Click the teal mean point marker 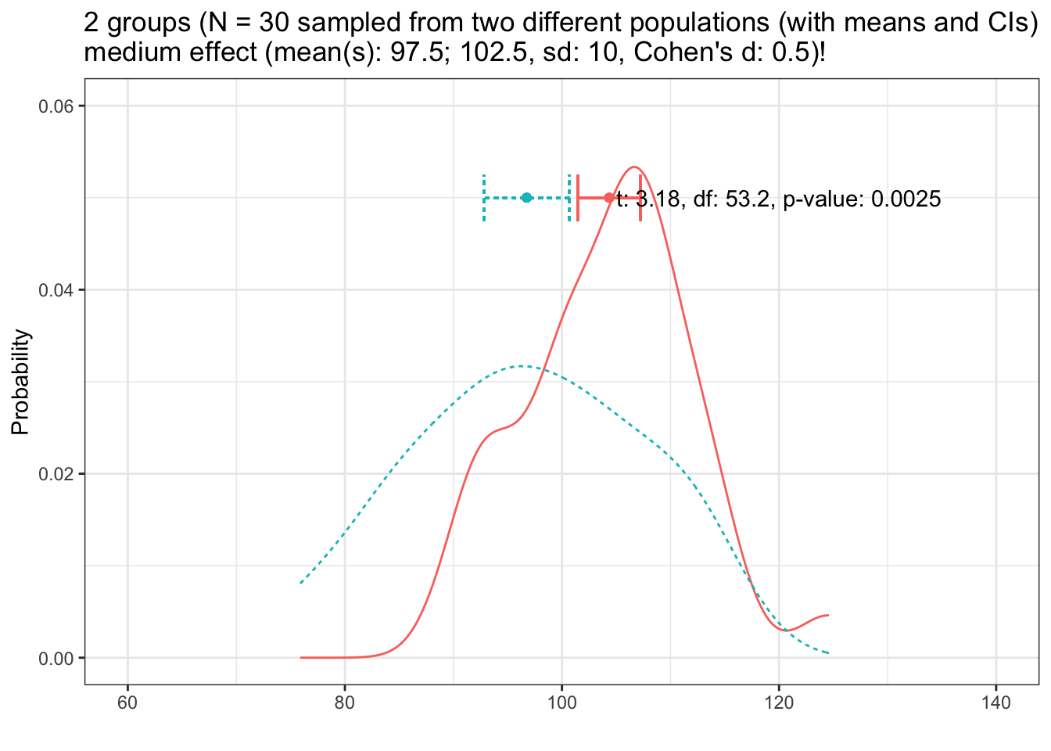pyautogui.click(x=526, y=197)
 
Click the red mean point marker pyautogui.click(x=609, y=197)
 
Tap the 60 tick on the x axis pyautogui.click(x=127, y=702)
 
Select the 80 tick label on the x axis pyautogui.click(x=345, y=702)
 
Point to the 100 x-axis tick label pyautogui.click(x=561, y=702)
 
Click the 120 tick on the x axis pyautogui.click(x=779, y=702)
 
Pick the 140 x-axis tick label pyautogui.click(x=995, y=702)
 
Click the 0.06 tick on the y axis pyautogui.click(x=56, y=106)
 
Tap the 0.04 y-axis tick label pyautogui.click(x=56, y=290)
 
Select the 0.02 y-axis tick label pyautogui.click(x=56, y=474)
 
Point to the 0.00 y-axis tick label pyautogui.click(x=56, y=658)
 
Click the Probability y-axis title pyautogui.click(x=21, y=382)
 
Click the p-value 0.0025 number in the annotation pyautogui.click(x=906, y=199)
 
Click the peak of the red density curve pyautogui.click(x=634, y=167)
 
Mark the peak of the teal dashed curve pyautogui.click(x=522, y=366)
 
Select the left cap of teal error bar pyautogui.click(x=484, y=197)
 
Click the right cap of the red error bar pyautogui.click(x=640, y=197)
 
